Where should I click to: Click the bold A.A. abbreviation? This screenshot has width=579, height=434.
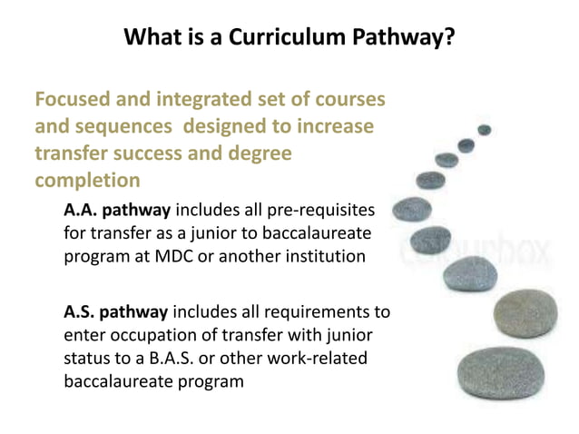tap(83, 211)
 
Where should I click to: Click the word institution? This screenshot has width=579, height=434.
tap(315, 256)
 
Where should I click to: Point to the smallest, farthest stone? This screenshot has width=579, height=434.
tap(484, 130)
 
